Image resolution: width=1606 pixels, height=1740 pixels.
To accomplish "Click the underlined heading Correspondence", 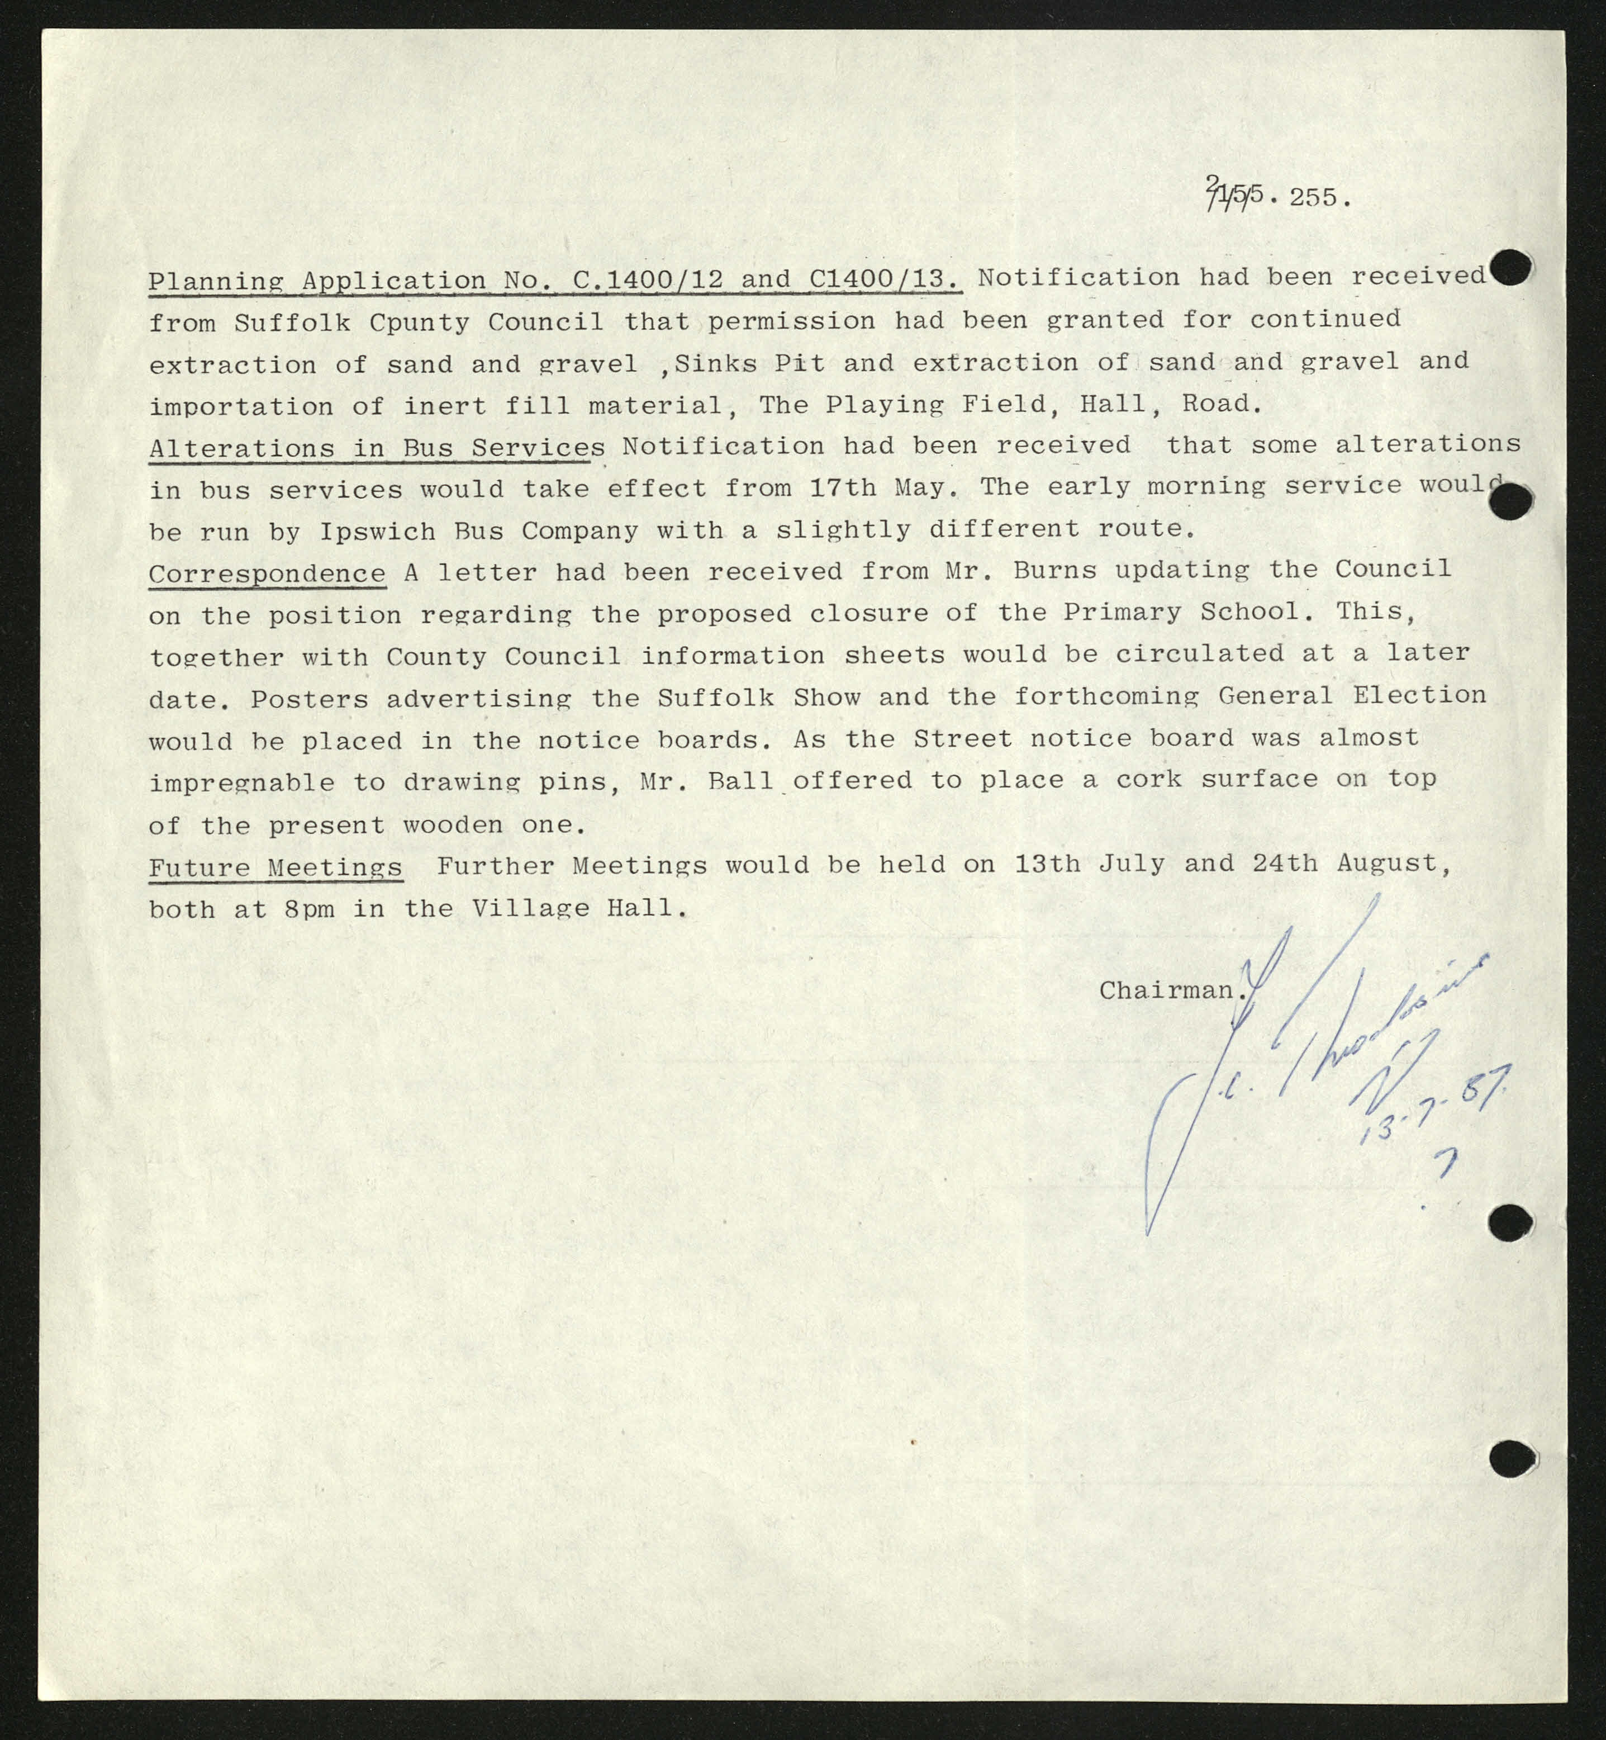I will (267, 573).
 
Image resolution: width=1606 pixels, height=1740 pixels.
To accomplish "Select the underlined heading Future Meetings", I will (275, 867).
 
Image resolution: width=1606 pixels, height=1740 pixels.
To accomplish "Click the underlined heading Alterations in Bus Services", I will (376, 448).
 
